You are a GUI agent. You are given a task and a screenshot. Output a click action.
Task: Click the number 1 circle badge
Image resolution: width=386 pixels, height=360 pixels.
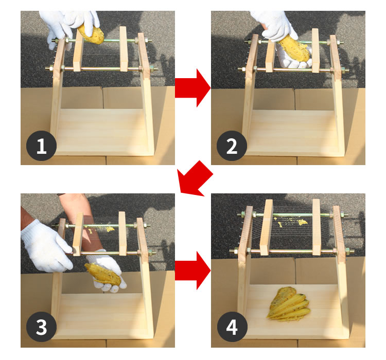[41, 146]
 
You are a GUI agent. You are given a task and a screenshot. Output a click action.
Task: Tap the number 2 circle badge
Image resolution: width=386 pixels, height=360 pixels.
[232, 146]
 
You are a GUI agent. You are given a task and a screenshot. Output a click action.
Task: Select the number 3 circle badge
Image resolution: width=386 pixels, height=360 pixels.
[41, 327]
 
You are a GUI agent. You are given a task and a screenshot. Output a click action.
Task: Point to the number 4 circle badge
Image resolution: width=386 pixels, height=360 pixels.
[232, 327]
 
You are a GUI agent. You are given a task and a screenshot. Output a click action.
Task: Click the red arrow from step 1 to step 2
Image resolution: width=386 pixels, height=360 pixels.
[193, 88]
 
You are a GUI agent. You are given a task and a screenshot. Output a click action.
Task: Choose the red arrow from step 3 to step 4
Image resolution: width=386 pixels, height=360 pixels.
[193, 271]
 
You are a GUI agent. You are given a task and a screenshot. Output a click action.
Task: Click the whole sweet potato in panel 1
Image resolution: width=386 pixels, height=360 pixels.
[91, 34]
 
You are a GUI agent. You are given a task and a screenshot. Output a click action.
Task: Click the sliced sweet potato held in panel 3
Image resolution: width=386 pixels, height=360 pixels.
[103, 274]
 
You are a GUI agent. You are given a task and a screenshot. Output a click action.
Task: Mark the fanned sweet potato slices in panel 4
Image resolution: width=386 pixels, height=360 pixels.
[289, 304]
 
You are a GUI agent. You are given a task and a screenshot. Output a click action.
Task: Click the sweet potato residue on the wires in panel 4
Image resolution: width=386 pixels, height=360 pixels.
[292, 222]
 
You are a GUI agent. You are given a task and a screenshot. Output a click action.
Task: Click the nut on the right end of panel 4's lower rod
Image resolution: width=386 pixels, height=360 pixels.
[348, 251]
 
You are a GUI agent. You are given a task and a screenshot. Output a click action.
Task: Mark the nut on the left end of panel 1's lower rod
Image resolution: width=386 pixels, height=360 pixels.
[51, 68]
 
